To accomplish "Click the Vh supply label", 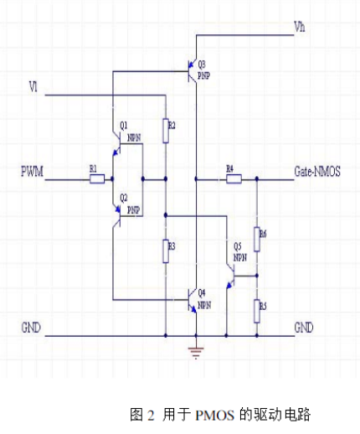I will coord(300,28).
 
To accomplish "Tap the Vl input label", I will coord(33,85).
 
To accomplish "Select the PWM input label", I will coord(33,172).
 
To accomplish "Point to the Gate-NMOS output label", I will coord(316,171).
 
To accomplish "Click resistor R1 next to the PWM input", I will coord(96,178).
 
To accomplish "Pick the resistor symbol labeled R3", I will coord(166,247).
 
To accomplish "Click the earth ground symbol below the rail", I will coord(196,352).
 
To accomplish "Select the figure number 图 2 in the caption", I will coord(142,415).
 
